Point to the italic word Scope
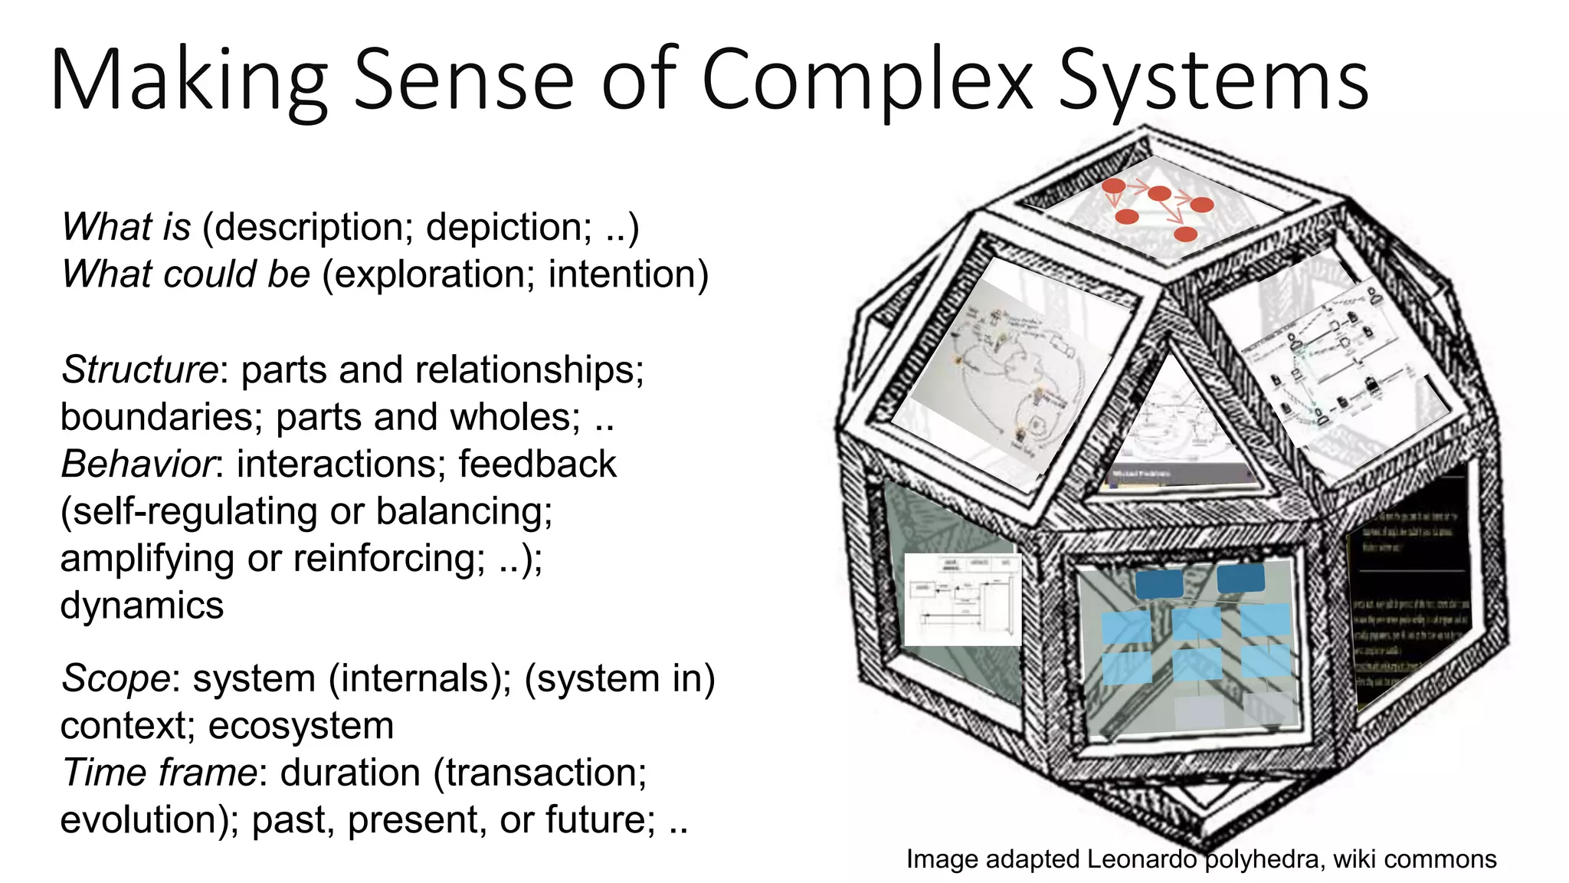point(116,678)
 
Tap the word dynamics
point(142,605)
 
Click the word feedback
point(537,464)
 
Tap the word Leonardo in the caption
point(1142,859)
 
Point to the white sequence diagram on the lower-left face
point(962,599)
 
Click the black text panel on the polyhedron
point(1410,590)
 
